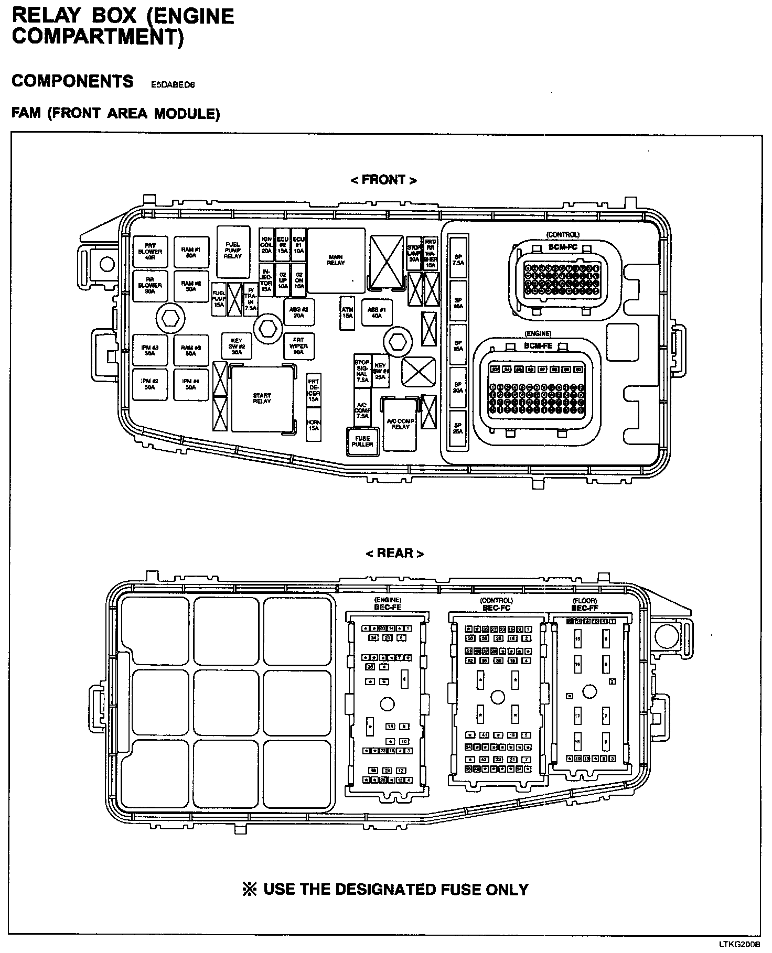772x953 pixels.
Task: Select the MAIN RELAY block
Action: click(x=336, y=260)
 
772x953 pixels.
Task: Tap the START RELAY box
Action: click(x=262, y=398)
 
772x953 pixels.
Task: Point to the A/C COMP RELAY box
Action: click(x=400, y=424)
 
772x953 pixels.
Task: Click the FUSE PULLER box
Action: click(x=362, y=441)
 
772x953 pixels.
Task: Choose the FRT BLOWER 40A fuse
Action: click(x=150, y=252)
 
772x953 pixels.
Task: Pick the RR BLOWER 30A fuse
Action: click(x=150, y=286)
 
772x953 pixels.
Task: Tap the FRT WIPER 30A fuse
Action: click(x=298, y=346)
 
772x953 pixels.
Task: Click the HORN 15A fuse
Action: click(x=314, y=425)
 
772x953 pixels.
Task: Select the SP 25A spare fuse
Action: click(x=458, y=428)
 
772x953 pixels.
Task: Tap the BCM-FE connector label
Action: click(x=538, y=346)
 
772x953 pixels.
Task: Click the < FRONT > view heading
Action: click(x=384, y=180)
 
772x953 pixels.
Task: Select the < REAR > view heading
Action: click(x=394, y=553)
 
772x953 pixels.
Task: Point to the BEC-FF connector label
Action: click(x=585, y=608)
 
